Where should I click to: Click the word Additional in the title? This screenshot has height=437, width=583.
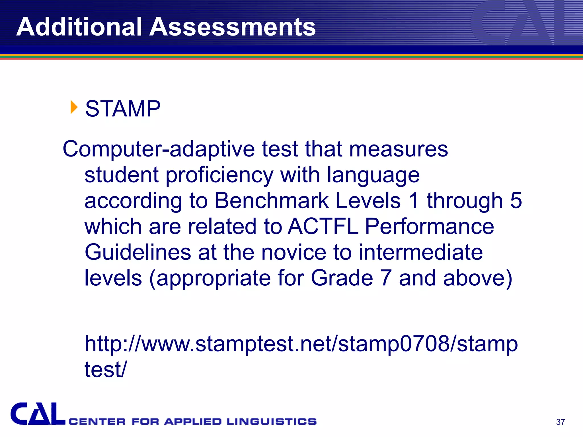(79, 27)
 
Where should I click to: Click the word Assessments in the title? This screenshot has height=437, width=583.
(233, 27)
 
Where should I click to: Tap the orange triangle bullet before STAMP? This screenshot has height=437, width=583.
(74, 107)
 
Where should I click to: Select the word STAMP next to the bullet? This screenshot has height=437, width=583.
(123, 109)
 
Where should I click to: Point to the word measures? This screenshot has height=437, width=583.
(398, 149)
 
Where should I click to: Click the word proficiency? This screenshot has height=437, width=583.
(219, 175)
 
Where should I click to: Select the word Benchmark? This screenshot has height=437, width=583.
(272, 201)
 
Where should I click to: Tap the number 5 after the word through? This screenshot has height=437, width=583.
(516, 201)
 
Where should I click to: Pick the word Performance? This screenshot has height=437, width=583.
(429, 226)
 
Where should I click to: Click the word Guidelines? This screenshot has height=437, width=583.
(138, 252)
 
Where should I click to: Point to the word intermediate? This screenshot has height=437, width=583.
(420, 252)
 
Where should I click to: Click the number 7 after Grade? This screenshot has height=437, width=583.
(386, 278)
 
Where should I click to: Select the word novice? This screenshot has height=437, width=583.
(293, 252)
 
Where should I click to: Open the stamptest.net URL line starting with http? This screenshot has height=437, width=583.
(301, 344)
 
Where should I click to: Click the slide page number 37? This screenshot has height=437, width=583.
(560, 422)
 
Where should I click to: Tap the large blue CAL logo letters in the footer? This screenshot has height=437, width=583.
(38, 414)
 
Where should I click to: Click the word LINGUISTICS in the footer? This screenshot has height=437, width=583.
(272, 421)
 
